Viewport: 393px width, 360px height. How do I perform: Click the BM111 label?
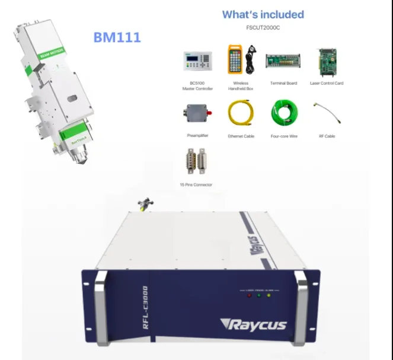click(x=117, y=37)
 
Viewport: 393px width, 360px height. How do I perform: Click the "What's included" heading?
click(x=263, y=14)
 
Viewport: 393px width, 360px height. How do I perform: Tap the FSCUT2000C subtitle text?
click(x=263, y=27)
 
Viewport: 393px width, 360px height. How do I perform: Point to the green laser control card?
click(x=327, y=62)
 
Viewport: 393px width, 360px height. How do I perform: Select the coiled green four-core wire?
click(x=284, y=112)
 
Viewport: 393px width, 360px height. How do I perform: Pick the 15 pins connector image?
click(x=196, y=161)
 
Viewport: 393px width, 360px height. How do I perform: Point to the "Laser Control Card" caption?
click(x=327, y=84)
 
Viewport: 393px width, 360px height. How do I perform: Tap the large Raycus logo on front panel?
click(x=253, y=324)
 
